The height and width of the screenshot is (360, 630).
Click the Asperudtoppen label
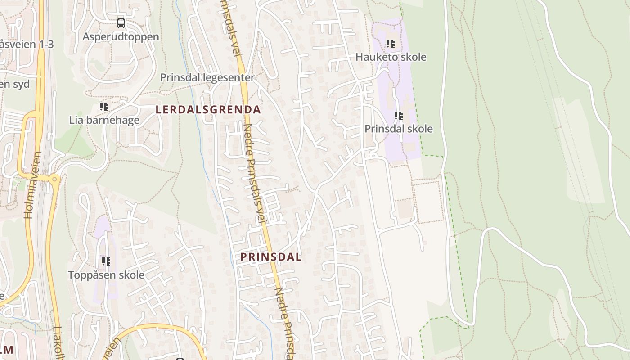121,37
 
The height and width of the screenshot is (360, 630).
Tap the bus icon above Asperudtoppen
121,23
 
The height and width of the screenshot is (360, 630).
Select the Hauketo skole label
391,57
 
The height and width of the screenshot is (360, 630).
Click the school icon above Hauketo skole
391,44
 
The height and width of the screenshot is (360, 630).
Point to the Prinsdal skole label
398,129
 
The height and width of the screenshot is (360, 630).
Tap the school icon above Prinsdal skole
398,116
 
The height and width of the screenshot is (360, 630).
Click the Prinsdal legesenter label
207,77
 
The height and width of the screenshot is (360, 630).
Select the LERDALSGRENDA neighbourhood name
208,109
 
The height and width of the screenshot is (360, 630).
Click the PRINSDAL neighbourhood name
271,257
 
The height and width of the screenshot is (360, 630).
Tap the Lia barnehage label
104,120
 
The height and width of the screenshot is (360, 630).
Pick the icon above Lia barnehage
104,107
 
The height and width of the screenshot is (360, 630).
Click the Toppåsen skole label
106,274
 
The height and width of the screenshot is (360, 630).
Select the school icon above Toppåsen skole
106,261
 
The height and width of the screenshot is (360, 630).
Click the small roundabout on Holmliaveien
55,179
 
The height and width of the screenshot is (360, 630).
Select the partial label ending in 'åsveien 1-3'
27,44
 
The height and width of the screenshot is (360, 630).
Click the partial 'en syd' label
15,84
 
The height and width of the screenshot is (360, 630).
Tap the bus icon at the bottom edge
180,359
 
